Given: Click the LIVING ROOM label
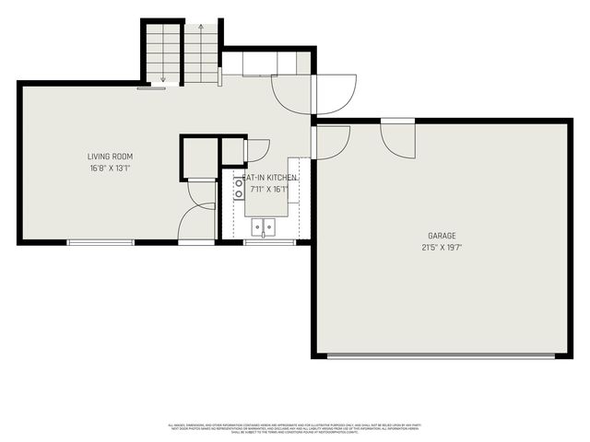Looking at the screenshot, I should point(110,157).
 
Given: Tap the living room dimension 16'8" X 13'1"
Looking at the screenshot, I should point(110,169).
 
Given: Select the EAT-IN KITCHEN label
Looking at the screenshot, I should point(270,177).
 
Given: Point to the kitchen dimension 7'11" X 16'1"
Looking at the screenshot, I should point(268,190).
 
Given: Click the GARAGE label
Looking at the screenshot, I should point(441,236).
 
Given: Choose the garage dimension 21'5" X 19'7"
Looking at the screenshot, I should point(441,247).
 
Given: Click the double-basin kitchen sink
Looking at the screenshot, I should point(264,227).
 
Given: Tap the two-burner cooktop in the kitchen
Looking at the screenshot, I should point(240,189).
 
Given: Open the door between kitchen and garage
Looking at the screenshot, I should point(330,141).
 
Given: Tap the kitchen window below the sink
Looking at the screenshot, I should point(269,242).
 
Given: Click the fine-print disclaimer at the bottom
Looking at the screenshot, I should point(295,428).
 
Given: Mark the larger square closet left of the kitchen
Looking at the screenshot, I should point(199,157).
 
